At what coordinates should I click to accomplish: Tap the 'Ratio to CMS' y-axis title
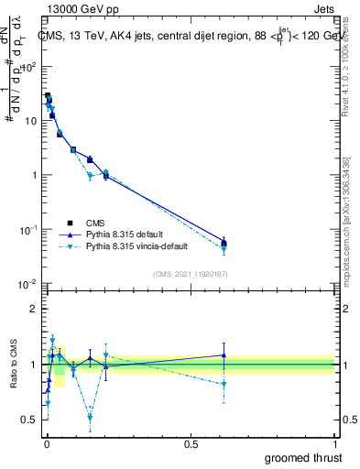pos(14,365)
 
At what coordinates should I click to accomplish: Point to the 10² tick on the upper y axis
pos(29,67)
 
